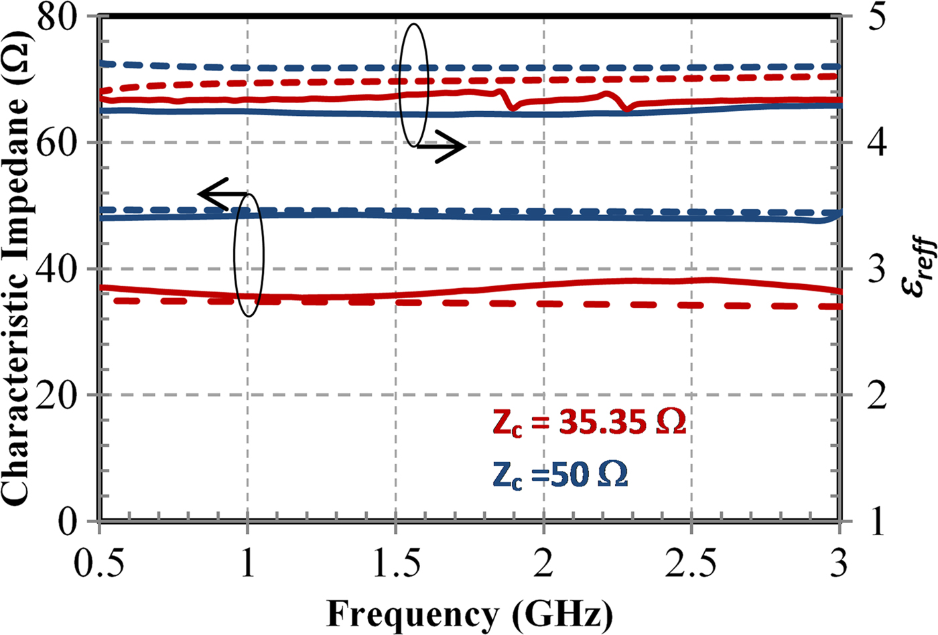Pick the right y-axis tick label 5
[x=873, y=17]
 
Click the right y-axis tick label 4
[x=873, y=143]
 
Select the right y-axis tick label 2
[x=873, y=395]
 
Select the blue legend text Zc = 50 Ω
[x=560, y=475]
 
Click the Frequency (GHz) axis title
[x=469, y=612]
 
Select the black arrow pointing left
[x=221, y=194]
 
